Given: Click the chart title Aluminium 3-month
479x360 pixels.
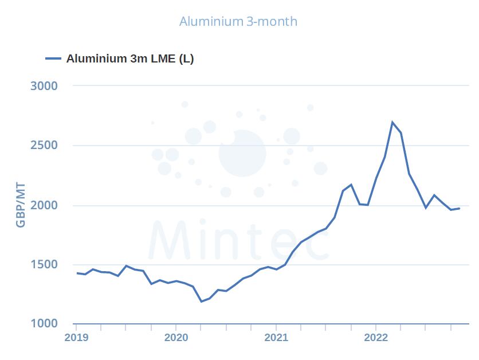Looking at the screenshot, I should pyautogui.click(x=238, y=22).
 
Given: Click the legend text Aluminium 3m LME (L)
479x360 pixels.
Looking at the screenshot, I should pyautogui.click(x=130, y=58).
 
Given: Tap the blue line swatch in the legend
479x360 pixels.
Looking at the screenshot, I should pyautogui.click(x=53, y=58).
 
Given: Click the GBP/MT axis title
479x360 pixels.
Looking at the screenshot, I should pyautogui.click(x=21, y=205).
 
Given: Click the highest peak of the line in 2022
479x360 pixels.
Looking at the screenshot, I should pyautogui.click(x=392, y=122).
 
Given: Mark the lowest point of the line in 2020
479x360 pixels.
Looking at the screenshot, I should pyautogui.click(x=201, y=302).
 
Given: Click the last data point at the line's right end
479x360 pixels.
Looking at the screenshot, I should pyautogui.click(x=459, y=208).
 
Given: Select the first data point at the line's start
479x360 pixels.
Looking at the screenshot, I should pyautogui.click(x=77, y=273).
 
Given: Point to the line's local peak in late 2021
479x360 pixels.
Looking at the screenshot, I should pyautogui.click(x=351, y=185).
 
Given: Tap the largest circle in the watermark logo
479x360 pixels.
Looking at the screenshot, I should pyautogui.click(x=242, y=153).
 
